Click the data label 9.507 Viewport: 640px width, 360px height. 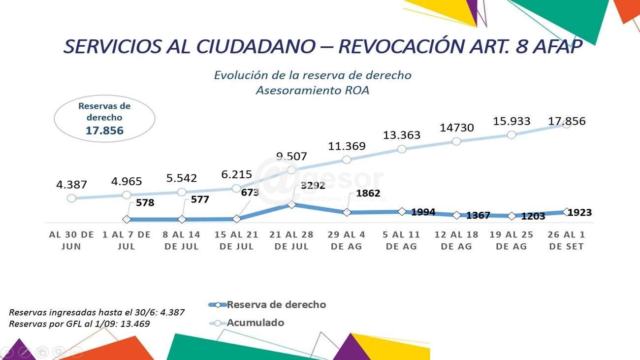[291, 157]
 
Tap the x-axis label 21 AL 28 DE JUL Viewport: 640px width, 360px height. [291, 240]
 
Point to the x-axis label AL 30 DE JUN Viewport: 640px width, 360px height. [71, 240]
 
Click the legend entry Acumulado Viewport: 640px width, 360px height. [255, 323]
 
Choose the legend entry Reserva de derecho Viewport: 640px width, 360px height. [276, 304]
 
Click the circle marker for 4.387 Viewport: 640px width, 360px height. [71, 198]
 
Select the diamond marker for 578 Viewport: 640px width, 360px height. [127, 220]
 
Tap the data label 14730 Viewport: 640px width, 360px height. [456, 128]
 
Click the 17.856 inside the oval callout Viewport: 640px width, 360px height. [104, 131]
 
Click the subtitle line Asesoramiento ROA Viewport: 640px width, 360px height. [312, 90]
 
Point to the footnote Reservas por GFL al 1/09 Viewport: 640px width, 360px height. [79, 324]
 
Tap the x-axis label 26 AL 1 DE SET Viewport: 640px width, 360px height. [566, 240]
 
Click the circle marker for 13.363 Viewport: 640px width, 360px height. [401, 149]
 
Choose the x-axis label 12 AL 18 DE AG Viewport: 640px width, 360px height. [456, 240]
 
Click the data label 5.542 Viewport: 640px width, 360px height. [182, 178]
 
